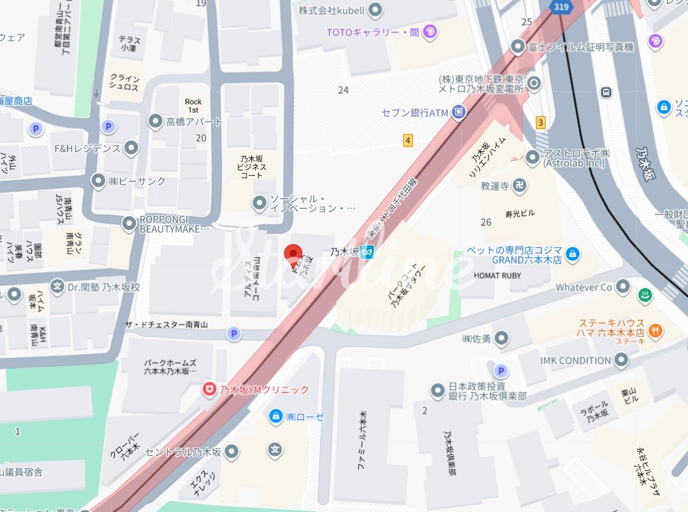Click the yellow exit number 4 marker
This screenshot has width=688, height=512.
coord(408,141)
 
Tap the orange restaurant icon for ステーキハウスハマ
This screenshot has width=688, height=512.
coord(655,331)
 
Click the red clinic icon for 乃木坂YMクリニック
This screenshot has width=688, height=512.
coord(209,390)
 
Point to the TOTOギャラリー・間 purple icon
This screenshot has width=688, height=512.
coord(429,32)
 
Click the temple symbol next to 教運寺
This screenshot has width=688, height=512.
coord(519,186)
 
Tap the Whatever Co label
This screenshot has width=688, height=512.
coord(583,286)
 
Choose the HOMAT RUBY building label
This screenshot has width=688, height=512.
coord(497,275)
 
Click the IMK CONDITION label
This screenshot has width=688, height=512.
coord(575,360)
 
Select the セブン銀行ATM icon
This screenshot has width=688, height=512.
coord(459,112)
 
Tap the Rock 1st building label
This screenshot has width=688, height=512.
coord(193,105)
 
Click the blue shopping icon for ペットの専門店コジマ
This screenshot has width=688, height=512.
coord(571,254)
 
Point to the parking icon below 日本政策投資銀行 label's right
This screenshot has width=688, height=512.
coord(501,370)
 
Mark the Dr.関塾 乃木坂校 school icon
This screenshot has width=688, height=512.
coord(58,286)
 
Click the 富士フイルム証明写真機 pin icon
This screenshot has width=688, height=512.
coord(518,46)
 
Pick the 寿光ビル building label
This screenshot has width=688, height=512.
coord(519,213)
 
